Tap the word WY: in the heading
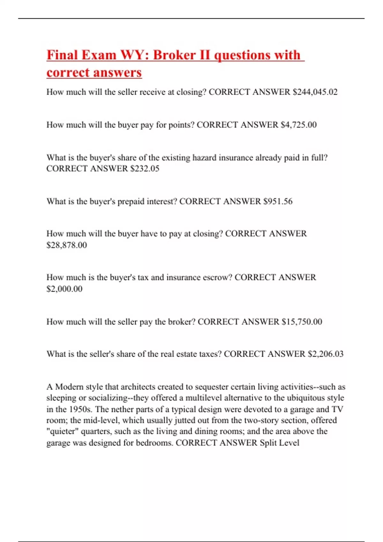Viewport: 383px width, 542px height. [134, 55]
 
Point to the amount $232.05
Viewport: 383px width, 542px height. [145, 168]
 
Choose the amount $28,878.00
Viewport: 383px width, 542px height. [66, 245]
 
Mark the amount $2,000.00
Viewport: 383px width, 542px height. [64, 289]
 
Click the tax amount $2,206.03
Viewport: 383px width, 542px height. [326, 354]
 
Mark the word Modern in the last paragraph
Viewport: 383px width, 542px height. [69, 387]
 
